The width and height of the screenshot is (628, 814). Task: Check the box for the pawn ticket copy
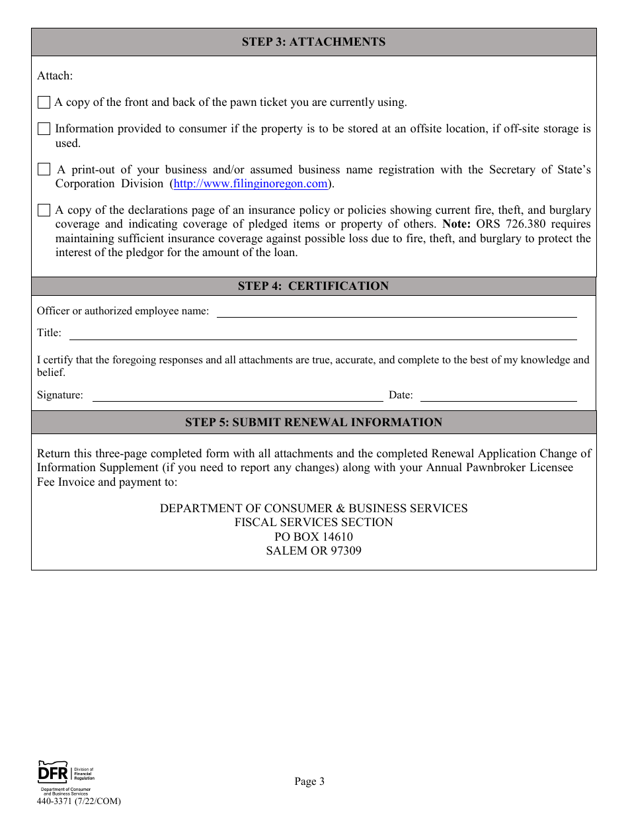click(44, 103)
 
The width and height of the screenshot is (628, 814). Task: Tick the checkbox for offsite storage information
click(44, 129)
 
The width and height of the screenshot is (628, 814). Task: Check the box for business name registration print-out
click(44, 169)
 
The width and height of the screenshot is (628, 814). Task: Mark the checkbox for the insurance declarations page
click(44, 210)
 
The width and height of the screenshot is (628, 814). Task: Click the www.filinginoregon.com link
click(251, 184)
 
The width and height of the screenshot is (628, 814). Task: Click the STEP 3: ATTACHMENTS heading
click(313, 42)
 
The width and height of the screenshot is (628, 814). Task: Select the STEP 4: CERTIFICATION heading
click(313, 286)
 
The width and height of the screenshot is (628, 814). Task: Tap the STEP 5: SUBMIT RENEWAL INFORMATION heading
click(313, 422)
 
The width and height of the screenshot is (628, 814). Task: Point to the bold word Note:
click(457, 224)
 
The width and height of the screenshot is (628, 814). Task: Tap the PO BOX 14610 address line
click(313, 537)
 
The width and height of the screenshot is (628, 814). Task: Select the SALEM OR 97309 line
click(313, 551)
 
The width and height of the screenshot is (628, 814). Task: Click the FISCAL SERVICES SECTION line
click(313, 523)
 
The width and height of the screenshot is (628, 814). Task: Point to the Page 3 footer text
click(309, 782)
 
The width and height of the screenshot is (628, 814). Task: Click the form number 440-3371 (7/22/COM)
click(79, 801)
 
